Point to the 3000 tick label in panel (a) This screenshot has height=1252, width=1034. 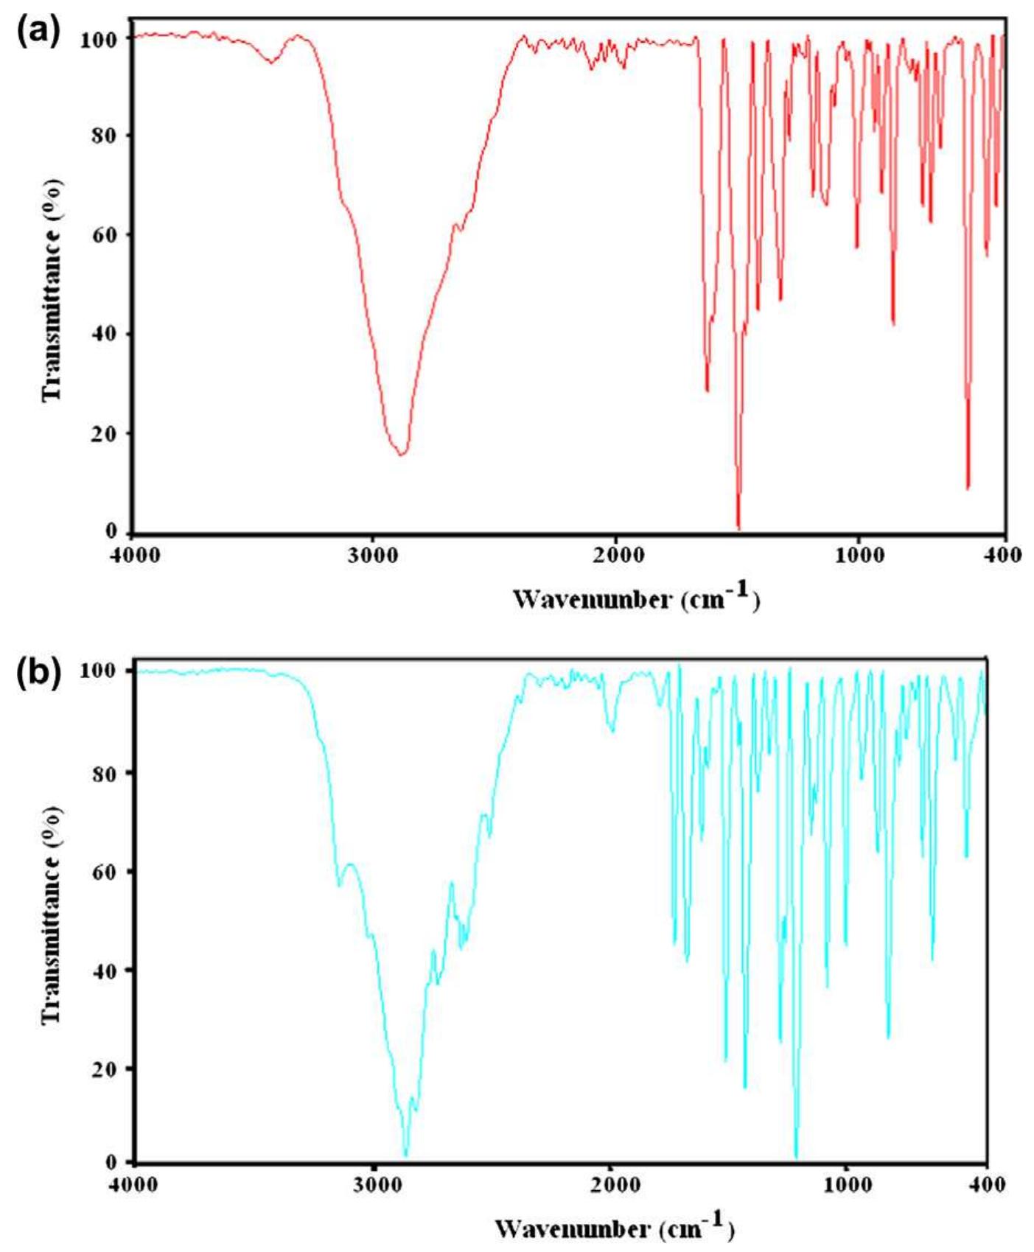[374, 555]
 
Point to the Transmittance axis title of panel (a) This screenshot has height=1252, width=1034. [52, 289]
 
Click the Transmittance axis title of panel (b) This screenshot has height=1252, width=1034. [52, 915]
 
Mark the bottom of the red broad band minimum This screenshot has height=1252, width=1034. [401, 454]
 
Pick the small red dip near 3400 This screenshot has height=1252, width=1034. [272, 63]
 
